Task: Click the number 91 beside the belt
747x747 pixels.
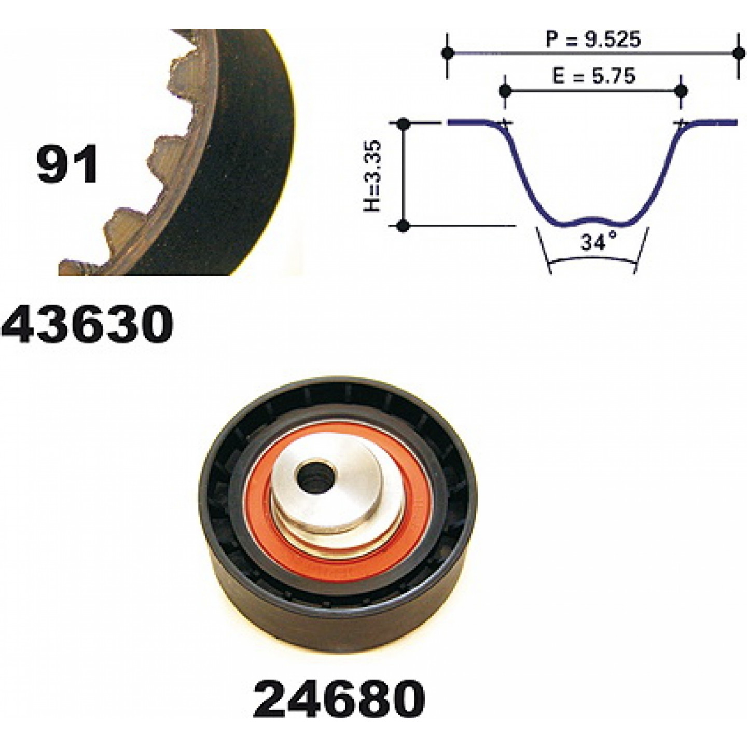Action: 67,163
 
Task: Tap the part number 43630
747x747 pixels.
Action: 87,324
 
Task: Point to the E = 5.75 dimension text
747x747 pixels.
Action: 594,76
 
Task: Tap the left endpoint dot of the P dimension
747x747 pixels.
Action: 448,53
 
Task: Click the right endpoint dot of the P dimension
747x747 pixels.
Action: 738,53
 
